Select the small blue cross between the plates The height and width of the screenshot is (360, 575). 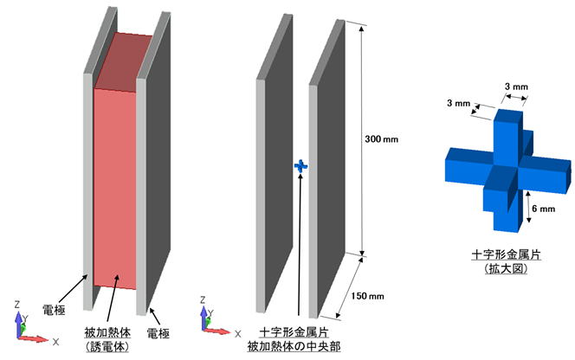300,164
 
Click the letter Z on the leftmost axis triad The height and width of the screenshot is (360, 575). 17,305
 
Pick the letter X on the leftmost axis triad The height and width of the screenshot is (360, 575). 55,342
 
